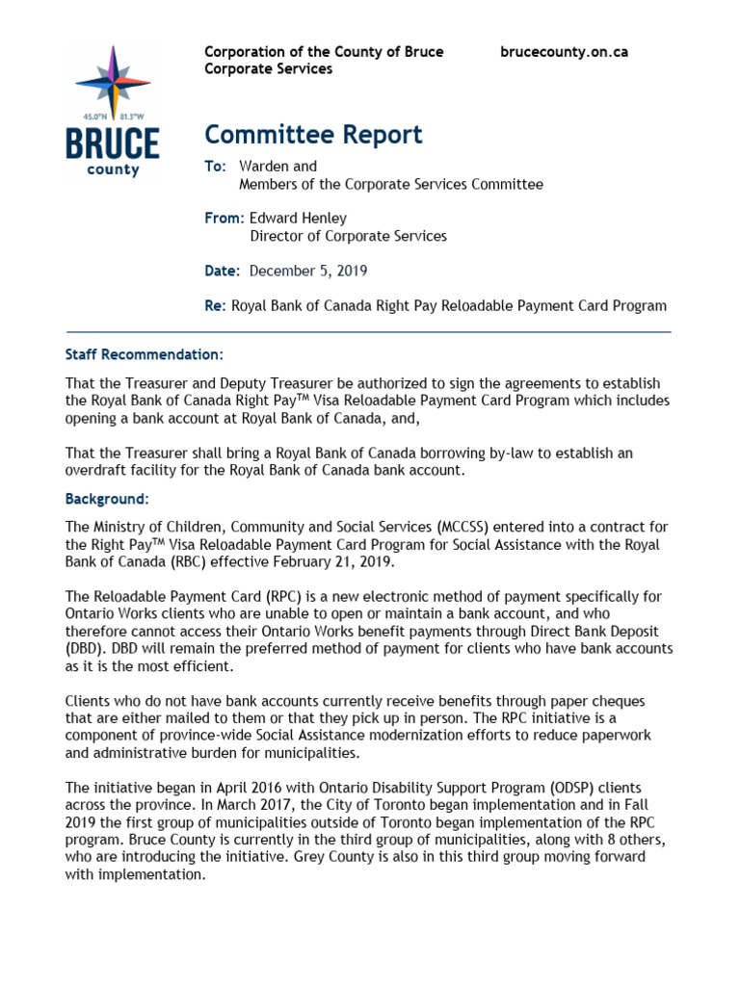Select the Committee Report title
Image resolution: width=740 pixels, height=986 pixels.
[x=313, y=134]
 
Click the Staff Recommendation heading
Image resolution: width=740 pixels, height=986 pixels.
[x=144, y=354]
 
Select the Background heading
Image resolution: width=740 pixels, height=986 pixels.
[x=106, y=500]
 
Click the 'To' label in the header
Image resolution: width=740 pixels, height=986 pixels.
[x=214, y=167]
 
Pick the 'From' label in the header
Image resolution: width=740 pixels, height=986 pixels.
[x=223, y=219]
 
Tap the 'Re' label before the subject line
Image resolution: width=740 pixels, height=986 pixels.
[x=214, y=306]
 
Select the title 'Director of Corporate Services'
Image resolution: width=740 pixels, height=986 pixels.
[x=348, y=236]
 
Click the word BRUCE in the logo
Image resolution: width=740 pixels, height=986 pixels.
[x=113, y=143]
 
